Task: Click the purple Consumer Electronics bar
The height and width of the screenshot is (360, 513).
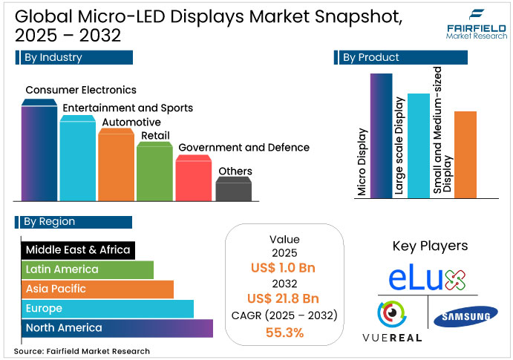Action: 39,152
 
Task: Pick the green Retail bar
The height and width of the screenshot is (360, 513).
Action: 154,172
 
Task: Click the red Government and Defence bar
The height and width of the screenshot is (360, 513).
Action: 193,180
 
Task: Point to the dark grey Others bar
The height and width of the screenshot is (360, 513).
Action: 232,190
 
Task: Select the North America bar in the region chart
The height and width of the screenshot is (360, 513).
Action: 117,328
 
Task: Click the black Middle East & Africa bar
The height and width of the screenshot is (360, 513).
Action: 77,250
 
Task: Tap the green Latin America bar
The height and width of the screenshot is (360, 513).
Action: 87,269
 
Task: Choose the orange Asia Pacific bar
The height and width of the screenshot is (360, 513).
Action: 97,289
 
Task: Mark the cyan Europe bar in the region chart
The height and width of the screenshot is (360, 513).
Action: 107,308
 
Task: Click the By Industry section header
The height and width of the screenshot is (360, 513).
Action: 73,57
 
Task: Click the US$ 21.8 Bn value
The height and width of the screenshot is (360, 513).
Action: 284,299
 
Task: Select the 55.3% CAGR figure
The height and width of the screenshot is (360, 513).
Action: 284,333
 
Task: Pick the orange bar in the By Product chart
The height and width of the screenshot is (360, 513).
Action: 465,154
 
